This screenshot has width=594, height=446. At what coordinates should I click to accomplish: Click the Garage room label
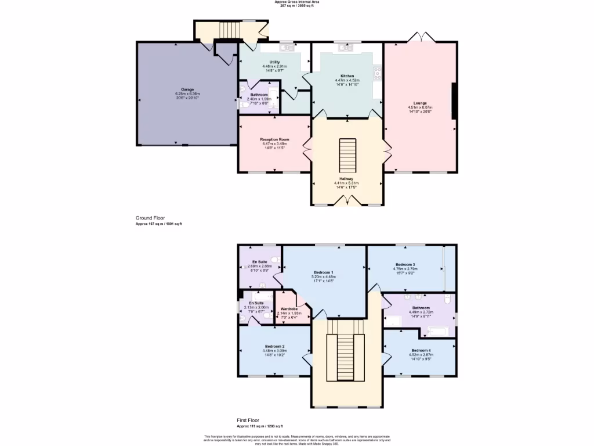[x=187, y=89]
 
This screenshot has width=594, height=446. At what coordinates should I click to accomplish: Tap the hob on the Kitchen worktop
[x=378, y=73]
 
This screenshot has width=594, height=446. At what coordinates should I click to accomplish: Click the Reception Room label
[x=274, y=139]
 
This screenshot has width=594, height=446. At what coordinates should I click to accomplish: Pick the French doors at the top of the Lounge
[x=421, y=38]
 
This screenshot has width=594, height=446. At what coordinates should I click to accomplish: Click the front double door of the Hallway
[x=347, y=201]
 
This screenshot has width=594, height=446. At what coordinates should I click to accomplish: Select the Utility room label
[x=274, y=62]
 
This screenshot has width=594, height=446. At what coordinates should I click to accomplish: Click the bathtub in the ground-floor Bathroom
[x=273, y=99]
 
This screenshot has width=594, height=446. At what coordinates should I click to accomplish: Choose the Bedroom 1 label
[x=323, y=272]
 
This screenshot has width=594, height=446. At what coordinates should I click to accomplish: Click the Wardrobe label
[x=288, y=309]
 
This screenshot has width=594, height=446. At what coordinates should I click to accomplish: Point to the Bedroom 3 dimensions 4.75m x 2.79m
[x=404, y=269]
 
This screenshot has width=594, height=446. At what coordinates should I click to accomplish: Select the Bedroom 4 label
[x=421, y=350]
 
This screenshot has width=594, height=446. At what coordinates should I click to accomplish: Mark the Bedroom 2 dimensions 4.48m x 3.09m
[x=274, y=350]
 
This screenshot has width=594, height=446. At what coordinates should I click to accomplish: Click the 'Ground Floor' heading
[x=146, y=218]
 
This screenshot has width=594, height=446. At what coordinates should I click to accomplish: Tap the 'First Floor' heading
[x=248, y=420]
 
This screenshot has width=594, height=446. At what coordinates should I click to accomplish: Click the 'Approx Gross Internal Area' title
[x=296, y=2]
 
